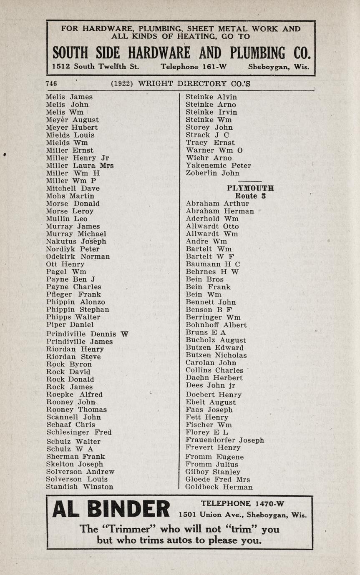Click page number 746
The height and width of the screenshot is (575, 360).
[52, 83]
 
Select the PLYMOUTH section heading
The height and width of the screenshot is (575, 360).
[250, 188]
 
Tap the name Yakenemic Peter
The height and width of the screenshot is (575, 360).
[218, 166]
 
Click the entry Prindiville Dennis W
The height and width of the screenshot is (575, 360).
[87, 334]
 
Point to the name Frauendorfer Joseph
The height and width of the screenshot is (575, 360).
[224, 440]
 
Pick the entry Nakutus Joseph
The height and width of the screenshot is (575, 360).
[76, 241]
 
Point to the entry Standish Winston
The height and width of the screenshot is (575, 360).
[80, 487]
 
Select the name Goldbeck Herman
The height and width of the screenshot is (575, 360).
[219, 487]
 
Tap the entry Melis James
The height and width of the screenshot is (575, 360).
[69, 97]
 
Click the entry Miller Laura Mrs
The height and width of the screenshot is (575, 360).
[80, 166]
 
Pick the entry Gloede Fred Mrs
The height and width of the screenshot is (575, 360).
[218, 480]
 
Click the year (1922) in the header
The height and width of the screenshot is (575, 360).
[122, 83]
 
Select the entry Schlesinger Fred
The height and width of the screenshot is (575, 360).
[79, 432]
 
